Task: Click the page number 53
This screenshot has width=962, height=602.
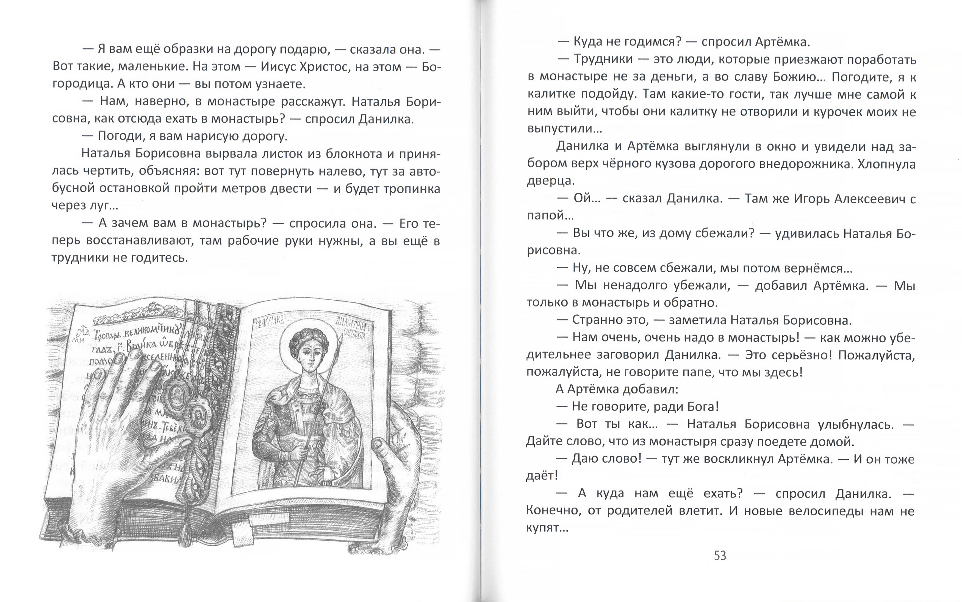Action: [720, 555]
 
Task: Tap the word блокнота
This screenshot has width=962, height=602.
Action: [354, 154]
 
